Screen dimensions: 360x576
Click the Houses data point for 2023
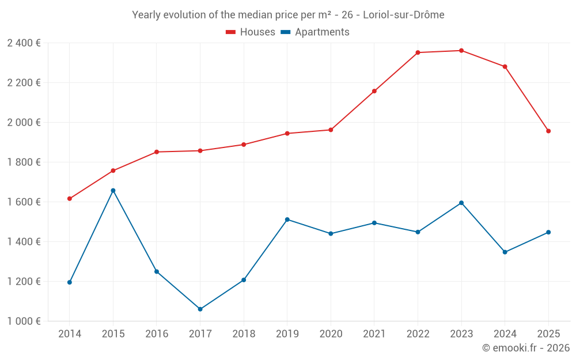(x=461, y=51)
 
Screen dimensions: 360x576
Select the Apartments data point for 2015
(x=113, y=191)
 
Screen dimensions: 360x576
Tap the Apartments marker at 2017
(x=200, y=309)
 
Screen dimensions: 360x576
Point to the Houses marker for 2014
(x=70, y=199)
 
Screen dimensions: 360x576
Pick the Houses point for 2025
(x=548, y=131)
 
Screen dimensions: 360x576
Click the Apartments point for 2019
(x=287, y=219)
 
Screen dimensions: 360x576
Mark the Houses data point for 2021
(x=374, y=91)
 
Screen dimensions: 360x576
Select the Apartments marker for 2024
(x=505, y=252)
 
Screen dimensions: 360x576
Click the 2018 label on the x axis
(x=244, y=334)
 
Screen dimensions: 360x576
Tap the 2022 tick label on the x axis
(x=418, y=334)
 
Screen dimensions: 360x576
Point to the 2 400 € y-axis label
(x=24, y=43)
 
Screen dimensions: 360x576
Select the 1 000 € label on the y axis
(x=24, y=321)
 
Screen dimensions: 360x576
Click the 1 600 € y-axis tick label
(x=24, y=202)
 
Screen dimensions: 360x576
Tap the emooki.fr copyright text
(x=526, y=348)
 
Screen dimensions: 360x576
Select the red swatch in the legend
(x=231, y=32)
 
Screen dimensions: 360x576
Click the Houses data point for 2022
(x=418, y=52)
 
